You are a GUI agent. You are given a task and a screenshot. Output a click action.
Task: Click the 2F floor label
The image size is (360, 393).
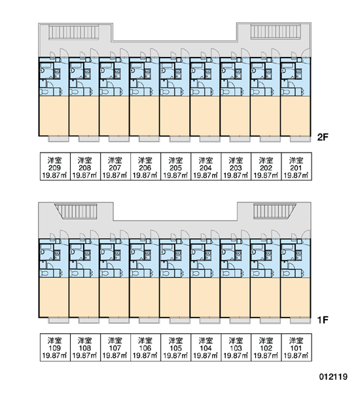click(x=323, y=137)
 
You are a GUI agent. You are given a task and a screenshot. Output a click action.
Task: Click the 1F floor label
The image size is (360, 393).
click(x=323, y=320)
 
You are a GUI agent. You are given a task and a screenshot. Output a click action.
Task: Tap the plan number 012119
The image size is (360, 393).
click(x=333, y=377)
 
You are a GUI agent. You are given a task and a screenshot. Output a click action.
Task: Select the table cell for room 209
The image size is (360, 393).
click(x=55, y=166)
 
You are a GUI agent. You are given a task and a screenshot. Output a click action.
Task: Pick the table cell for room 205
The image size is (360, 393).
click(x=175, y=166)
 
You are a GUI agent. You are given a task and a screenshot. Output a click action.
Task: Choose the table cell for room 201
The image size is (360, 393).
click(x=297, y=166)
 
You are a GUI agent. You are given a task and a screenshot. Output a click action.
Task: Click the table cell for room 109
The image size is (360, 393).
click(x=55, y=347)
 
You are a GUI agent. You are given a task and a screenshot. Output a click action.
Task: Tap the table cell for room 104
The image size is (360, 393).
click(x=206, y=347)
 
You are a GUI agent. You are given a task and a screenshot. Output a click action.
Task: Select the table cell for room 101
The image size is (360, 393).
click(x=297, y=347)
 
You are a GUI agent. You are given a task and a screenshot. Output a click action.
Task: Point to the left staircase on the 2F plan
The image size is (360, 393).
click(x=74, y=32)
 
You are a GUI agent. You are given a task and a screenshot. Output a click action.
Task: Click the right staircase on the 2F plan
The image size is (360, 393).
click(x=276, y=32)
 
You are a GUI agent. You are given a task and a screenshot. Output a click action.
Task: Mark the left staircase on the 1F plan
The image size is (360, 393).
click(x=76, y=212)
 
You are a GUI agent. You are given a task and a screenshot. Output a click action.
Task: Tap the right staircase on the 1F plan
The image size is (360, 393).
click(x=275, y=211)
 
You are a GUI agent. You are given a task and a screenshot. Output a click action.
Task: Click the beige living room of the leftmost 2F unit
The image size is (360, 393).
click(x=54, y=116)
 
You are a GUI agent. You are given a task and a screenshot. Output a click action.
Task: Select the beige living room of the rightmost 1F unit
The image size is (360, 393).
click(x=296, y=298)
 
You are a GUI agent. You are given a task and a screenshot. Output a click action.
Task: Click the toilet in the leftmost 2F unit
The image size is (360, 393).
click(x=45, y=92)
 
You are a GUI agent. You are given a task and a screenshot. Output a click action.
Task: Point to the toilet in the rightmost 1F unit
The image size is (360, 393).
click(x=287, y=273)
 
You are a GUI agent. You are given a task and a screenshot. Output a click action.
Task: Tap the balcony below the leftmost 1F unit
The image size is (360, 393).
click(x=58, y=320)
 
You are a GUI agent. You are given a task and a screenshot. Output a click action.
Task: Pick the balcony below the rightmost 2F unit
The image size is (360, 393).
click(x=300, y=139)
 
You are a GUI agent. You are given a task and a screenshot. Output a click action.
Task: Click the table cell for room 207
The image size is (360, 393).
click(x=115, y=166)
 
